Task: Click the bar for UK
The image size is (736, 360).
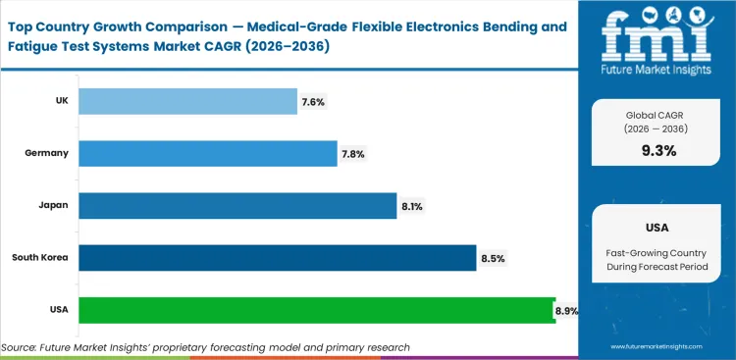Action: coord(186,101)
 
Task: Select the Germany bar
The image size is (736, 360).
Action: coord(207,153)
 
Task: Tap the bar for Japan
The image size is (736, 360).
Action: coord(237,206)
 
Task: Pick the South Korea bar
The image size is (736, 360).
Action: coord(277,258)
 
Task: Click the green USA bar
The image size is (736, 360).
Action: coord(316,310)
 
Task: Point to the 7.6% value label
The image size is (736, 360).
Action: coord(312,101)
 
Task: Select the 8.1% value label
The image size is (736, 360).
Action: coord(411,206)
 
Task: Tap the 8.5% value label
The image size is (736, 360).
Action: coord(492,258)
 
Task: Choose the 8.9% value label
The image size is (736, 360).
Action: coord(566,310)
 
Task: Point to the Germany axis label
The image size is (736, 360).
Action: coord(47,153)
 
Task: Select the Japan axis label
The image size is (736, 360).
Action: coord(53,206)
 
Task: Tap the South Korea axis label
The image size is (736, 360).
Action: coord(39,258)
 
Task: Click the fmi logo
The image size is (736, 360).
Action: coord(657,44)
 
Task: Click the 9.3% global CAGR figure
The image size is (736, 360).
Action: coord(657,150)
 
